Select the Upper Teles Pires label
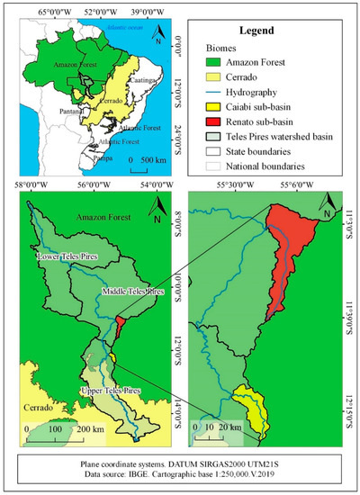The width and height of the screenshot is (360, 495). (x=103, y=390)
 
